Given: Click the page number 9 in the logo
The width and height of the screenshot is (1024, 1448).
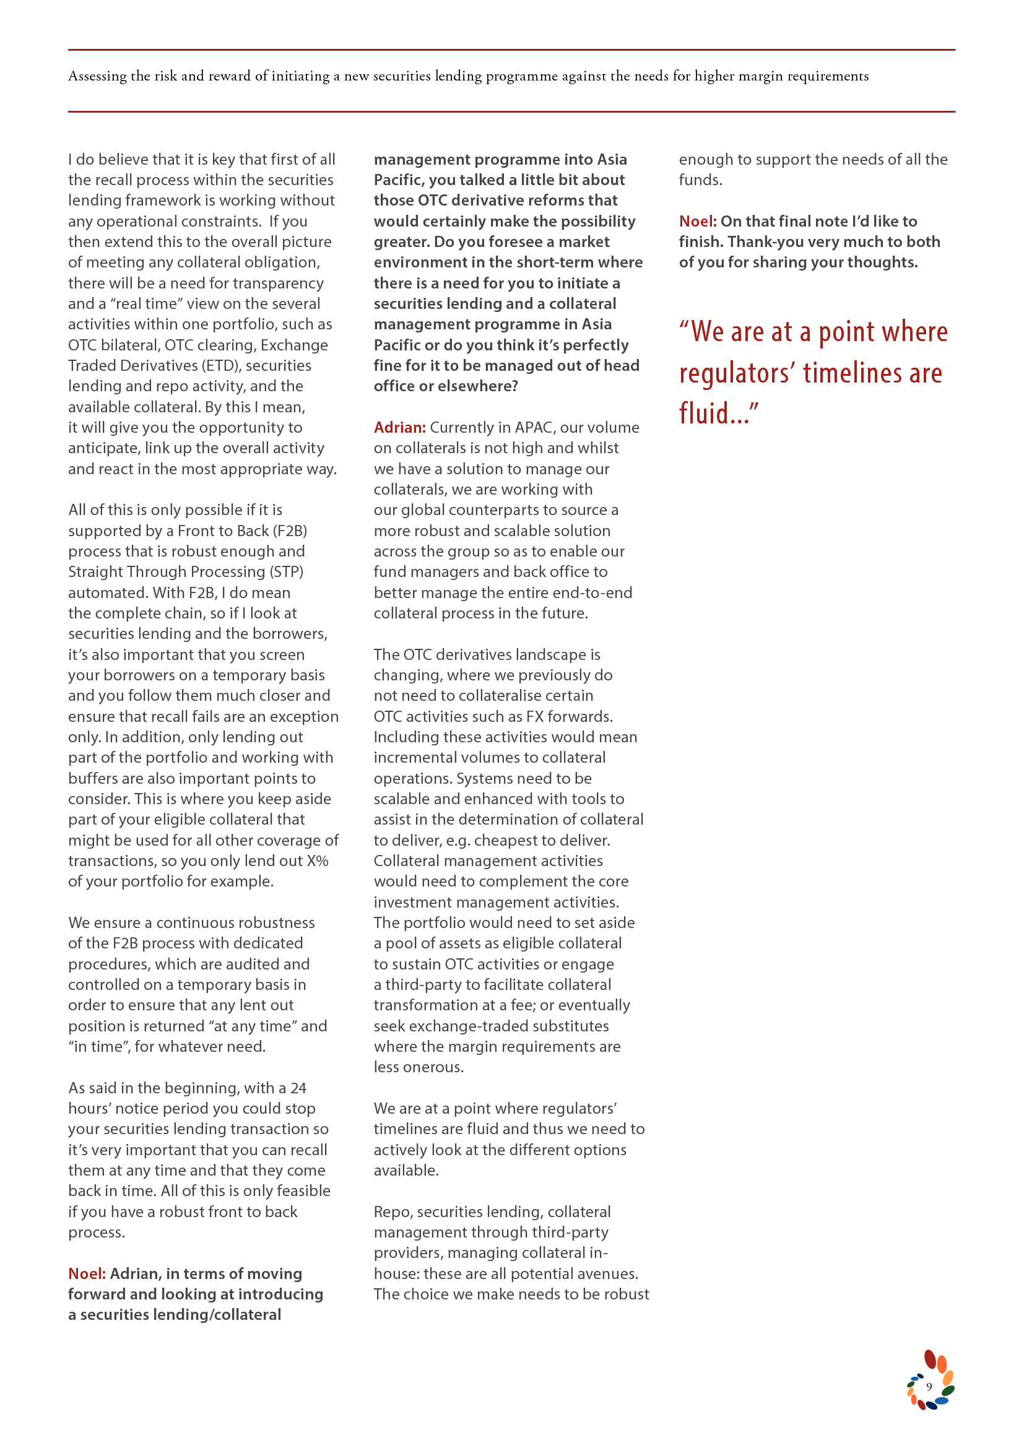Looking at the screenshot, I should click(x=928, y=1386).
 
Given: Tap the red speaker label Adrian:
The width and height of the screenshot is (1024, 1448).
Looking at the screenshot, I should click(x=400, y=428).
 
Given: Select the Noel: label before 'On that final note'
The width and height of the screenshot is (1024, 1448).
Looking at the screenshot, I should click(x=697, y=222).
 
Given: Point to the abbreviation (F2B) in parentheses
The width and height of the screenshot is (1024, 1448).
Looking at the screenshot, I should click(x=290, y=531).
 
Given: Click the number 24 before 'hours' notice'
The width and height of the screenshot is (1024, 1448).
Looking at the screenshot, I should click(x=298, y=1088).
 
